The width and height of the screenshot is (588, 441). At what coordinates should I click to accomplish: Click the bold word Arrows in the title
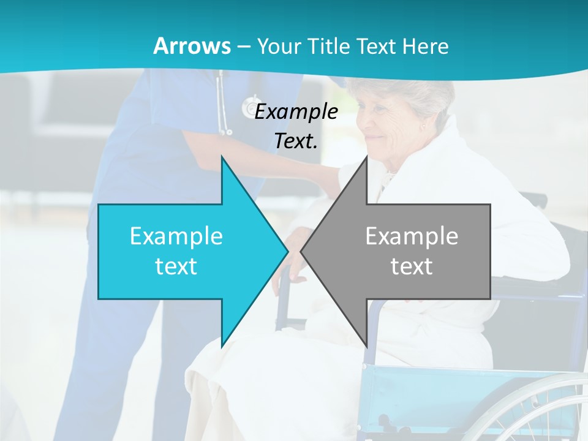[x=192, y=46]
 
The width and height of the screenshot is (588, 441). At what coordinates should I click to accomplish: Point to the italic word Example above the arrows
[x=296, y=111]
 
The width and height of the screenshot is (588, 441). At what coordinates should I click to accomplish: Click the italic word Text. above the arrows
[x=296, y=141]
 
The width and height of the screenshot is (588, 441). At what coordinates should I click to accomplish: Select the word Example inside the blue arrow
[x=176, y=236]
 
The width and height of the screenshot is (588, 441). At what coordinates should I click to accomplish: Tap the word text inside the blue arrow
[x=176, y=266]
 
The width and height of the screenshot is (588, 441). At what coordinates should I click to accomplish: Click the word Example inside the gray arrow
[x=412, y=236]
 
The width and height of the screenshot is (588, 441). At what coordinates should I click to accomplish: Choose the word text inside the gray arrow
[x=412, y=266]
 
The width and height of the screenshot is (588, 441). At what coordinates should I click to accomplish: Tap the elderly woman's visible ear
[x=422, y=126]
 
